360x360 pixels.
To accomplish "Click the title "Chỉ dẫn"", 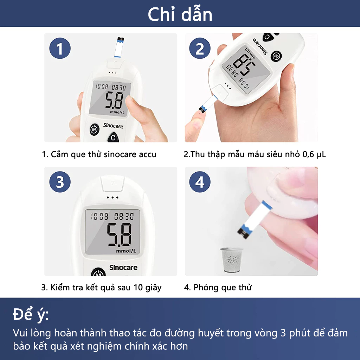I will pos(180,14).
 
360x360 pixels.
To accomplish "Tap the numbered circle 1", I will pos(60,49).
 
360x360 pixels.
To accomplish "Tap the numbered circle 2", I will pos(200,49).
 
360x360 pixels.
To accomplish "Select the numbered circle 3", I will pos(60,182).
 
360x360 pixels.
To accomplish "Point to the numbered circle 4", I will pos(200,182).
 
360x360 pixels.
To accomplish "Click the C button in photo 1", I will pos(113,137).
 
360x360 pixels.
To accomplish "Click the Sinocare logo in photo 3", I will pos(123,268).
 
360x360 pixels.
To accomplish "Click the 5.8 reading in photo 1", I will pos(114,101).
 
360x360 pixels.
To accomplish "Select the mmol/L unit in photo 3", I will pos(126,251).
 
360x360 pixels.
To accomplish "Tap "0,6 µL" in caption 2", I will pos(314,154).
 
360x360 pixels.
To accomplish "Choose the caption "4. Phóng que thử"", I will pos(218,288).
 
